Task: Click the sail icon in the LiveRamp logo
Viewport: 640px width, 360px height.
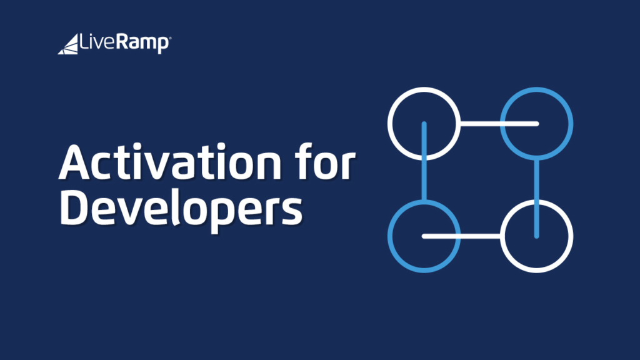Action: (x=68, y=45)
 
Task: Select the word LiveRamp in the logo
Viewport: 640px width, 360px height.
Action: (x=124, y=44)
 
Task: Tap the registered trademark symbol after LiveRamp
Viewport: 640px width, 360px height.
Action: (x=170, y=37)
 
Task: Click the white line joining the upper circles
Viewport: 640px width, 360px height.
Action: (x=494, y=123)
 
